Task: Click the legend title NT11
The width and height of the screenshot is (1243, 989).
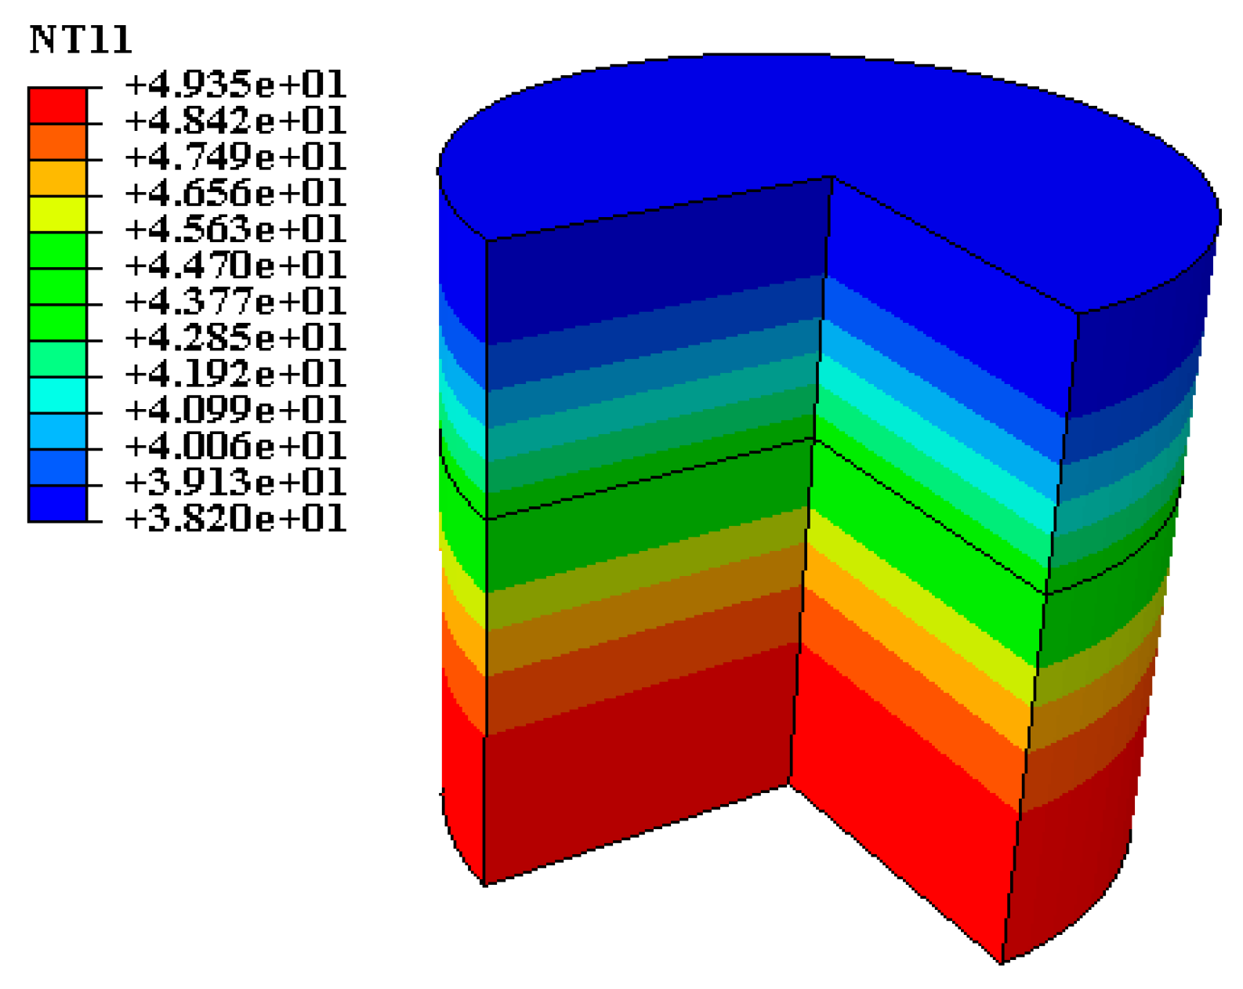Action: (81, 40)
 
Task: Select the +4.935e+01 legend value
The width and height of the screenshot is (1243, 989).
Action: (235, 85)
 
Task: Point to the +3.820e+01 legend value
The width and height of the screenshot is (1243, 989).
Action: (235, 519)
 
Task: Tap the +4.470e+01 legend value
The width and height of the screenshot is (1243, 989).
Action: (235, 266)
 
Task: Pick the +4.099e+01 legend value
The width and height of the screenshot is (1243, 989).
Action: (235, 410)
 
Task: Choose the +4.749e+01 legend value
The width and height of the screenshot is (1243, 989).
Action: (235, 157)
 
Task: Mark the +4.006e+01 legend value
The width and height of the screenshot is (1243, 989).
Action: (235, 446)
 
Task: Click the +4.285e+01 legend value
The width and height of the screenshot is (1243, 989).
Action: (235, 338)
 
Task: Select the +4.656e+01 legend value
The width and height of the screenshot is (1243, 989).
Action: (235, 193)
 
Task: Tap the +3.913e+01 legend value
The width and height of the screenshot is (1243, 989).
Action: (235, 482)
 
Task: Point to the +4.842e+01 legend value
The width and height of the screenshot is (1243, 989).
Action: (235, 121)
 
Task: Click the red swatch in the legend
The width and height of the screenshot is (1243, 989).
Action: (57, 105)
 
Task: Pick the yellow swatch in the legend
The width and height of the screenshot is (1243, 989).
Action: (57, 214)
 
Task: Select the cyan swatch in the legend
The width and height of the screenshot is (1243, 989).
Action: (57, 395)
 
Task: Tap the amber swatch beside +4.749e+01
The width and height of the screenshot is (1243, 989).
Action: (57, 178)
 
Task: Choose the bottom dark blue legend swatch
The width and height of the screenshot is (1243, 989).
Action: (57, 503)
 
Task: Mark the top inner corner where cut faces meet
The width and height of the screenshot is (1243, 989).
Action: (832, 178)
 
